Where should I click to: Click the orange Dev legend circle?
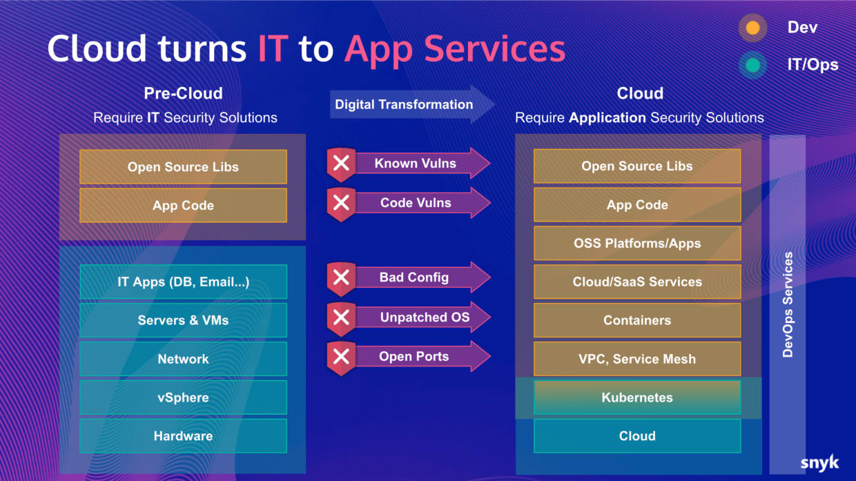click(752, 28)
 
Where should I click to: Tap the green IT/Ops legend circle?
click(752, 66)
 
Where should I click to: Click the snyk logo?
click(819, 462)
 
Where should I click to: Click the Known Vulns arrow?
click(421, 164)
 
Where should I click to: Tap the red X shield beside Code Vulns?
click(341, 204)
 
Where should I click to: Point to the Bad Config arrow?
click(421, 277)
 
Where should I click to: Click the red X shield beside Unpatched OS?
click(341, 317)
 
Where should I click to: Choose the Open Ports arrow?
click(421, 357)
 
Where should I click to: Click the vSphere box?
click(183, 397)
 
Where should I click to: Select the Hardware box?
click(183, 436)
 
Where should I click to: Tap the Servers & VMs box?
click(183, 320)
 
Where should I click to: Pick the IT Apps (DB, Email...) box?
click(183, 282)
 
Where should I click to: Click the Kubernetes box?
click(636, 397)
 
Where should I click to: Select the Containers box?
click(636, 320)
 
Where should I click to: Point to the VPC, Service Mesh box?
click(636, 359)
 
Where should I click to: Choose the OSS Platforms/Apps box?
click(636, 243)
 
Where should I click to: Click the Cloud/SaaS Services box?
click(636, 282)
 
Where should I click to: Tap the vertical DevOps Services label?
click(788, 304)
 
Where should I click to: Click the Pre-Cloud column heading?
click(183, 93)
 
